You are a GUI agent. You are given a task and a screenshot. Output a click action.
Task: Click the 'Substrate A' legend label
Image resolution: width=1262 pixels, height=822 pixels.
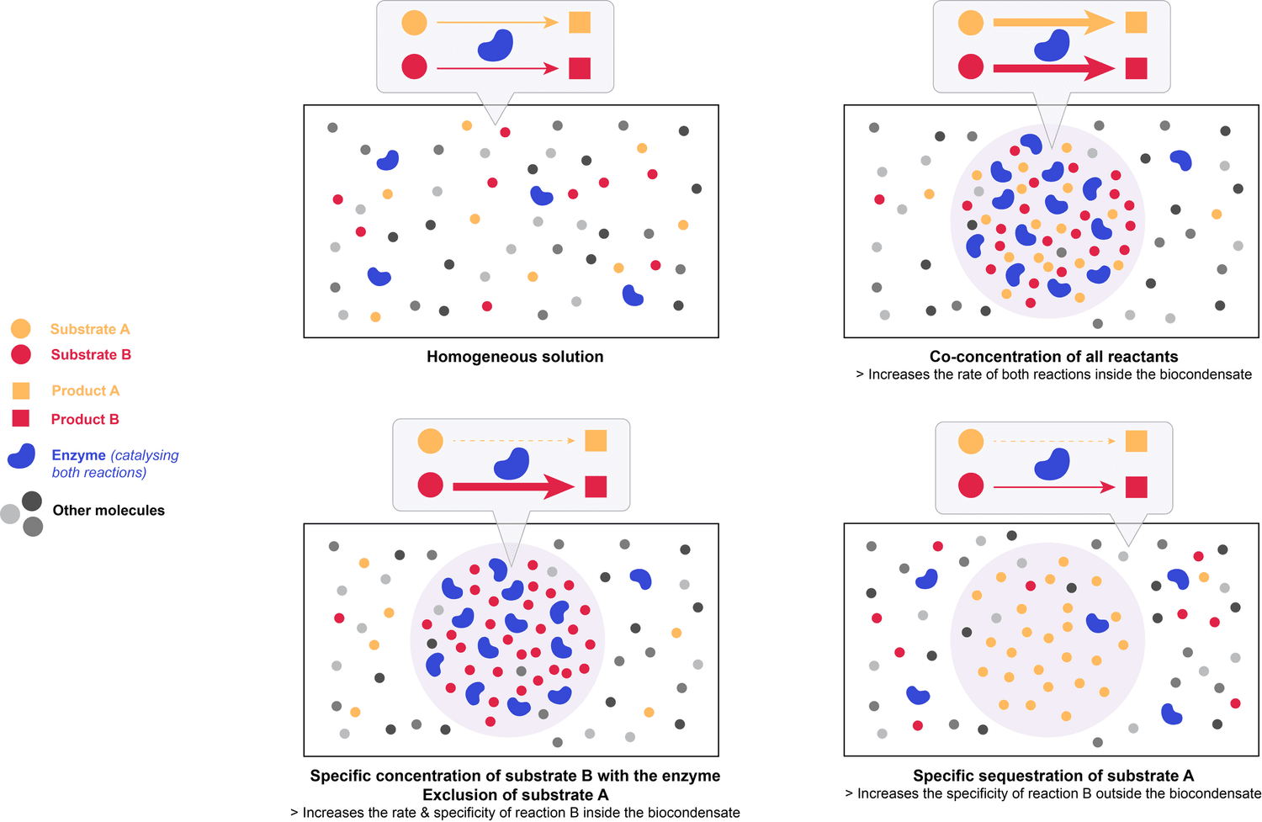click(90, 329)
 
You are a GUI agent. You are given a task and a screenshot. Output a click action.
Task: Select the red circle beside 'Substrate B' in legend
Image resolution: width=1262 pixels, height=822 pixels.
click(21, 354)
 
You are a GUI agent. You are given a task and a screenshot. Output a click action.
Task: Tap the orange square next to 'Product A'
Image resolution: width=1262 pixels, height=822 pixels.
click(21, 390)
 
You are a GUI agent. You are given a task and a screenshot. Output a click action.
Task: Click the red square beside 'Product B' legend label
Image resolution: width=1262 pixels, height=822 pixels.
click(21, 418)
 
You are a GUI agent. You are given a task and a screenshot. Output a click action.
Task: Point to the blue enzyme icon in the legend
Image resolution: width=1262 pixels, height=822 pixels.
click(22, 456)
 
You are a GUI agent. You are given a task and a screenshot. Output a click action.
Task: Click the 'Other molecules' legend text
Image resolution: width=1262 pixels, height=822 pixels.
click(109, 510)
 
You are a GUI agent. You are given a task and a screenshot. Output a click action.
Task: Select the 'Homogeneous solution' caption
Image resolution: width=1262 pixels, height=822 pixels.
click(515, 357)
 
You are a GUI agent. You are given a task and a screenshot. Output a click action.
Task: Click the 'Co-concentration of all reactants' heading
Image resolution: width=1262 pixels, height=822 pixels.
click(1053, 357)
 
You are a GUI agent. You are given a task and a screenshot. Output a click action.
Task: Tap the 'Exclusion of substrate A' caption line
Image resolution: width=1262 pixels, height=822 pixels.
click(515, 794)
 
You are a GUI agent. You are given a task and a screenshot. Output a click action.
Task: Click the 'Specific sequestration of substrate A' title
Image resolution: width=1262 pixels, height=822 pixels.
click(1053, 776)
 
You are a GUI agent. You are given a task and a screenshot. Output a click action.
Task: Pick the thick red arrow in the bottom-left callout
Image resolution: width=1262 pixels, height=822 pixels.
click(513, 486)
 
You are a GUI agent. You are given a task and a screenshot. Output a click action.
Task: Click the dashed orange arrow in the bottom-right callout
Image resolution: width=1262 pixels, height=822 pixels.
click(1054, 441)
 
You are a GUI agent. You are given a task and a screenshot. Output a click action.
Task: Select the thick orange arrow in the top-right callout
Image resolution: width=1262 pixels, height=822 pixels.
click(1053, 23)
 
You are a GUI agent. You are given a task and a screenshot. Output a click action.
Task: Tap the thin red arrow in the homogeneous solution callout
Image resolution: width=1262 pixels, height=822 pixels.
click(497, 68)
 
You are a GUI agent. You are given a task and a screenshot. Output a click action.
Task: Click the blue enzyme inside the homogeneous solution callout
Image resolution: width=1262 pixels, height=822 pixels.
click(496, 45)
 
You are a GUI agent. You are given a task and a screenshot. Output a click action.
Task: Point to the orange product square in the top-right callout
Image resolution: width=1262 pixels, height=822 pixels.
click(1137, 23)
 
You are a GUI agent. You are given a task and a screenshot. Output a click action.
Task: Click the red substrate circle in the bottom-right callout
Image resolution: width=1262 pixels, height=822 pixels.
click(971, 485)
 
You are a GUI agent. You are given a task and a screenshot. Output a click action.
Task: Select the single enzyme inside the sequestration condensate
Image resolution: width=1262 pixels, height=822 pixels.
click(1097, 623)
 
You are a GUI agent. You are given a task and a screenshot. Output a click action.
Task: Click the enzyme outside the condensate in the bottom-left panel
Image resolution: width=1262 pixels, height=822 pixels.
click(641, 578)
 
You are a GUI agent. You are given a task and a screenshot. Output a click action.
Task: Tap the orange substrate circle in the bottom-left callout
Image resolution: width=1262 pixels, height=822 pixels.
click(430, 441)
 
